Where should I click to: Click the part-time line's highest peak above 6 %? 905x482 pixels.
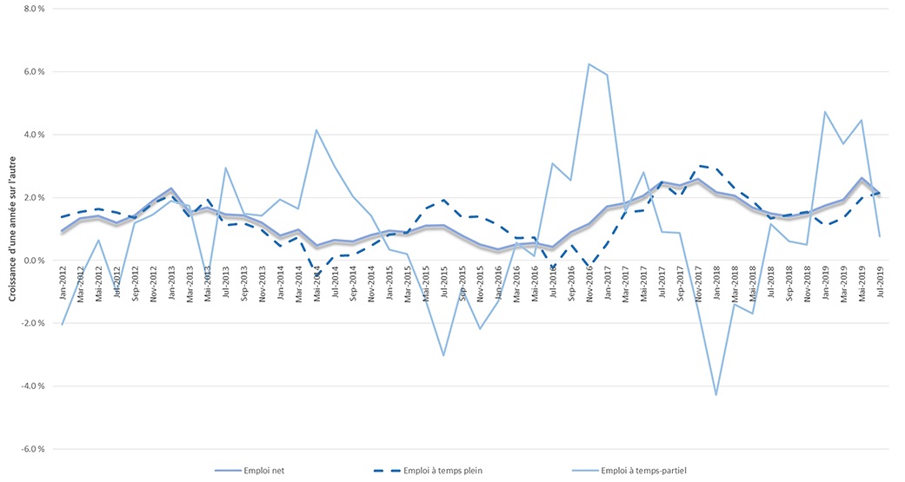(589, 64)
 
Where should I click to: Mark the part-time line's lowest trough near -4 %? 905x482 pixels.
(715, 395)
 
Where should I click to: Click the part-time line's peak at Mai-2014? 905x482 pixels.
(316, 130)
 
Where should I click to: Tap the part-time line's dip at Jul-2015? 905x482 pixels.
(443, 355)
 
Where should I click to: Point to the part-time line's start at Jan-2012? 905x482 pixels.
(62, 324)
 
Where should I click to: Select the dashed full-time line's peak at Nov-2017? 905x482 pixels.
(697, 166)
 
